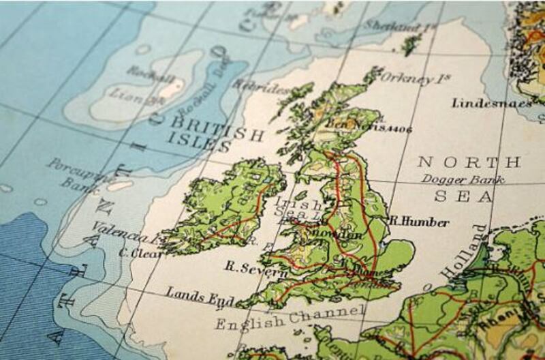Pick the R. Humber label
tap(418, 222)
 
